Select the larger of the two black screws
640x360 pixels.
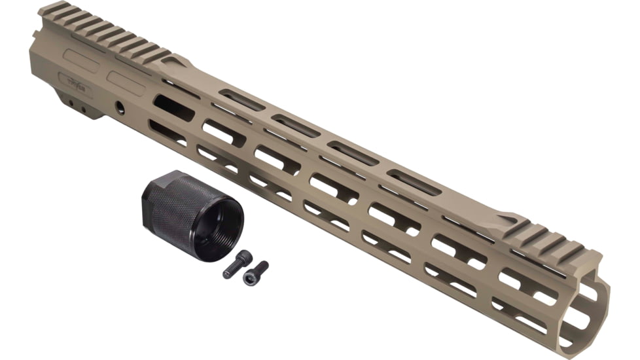coord(237,264)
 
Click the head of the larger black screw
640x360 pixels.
coord(244,257)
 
